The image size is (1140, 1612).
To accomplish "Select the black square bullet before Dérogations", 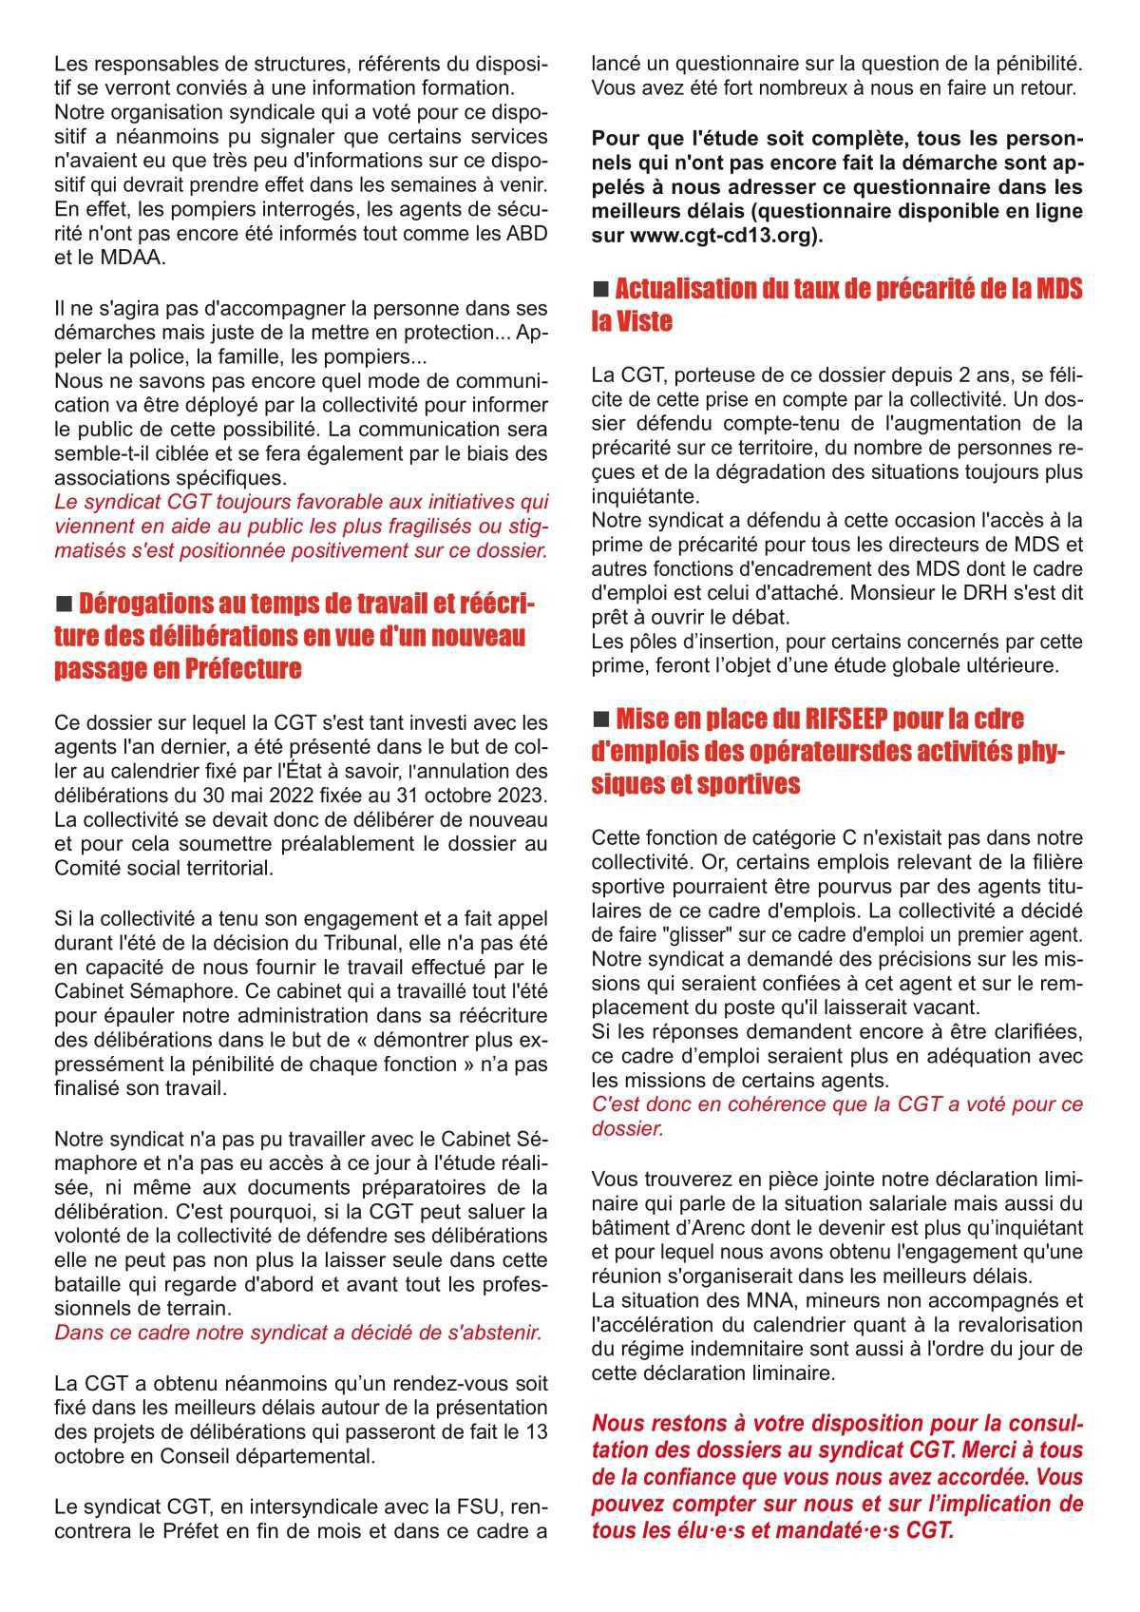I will tap(65, 604).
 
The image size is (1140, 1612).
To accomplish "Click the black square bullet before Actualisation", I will tap(600, 289).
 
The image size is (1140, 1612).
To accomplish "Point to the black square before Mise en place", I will tap(600, 720).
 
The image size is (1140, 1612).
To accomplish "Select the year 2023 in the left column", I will tap(523, 793).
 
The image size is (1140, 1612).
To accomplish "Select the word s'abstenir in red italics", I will tap(497, 1333).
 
